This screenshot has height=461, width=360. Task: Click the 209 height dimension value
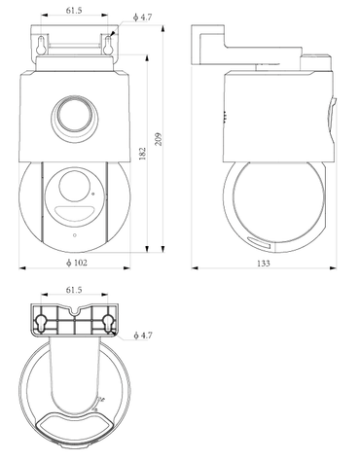tap(159, 139)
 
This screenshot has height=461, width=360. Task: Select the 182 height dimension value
tap(142, 154)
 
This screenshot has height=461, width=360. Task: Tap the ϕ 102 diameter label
tap(77, 263)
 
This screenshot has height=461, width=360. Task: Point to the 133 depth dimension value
tap(264, 264)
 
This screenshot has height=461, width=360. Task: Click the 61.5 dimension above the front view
tap(74, 11)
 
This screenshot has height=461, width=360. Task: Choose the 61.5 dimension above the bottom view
tap(74, 290)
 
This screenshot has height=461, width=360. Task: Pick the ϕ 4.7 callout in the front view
tap(143, 18)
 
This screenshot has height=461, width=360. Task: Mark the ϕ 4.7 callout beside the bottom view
tap(143, 336)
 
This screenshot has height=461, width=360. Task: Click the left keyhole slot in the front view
tap(41, 45)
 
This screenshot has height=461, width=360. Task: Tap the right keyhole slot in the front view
tap(108, 45)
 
